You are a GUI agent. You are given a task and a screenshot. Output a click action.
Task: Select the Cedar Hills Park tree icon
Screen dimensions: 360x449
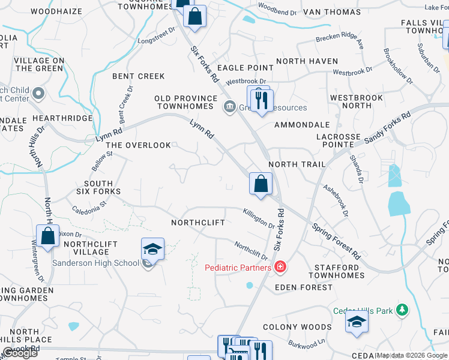402,310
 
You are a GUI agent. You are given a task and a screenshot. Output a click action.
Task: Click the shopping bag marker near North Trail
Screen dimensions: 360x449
261,184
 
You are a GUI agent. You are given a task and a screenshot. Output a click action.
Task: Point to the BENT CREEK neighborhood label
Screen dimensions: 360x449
138,76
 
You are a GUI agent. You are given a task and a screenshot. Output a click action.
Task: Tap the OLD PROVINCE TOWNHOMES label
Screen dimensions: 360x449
185,102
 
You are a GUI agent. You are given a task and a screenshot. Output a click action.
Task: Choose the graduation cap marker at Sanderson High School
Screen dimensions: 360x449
152,248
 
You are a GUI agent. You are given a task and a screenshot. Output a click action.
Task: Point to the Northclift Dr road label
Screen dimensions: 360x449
251,251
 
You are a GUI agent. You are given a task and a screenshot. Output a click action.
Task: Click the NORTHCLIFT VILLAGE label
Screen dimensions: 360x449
86,248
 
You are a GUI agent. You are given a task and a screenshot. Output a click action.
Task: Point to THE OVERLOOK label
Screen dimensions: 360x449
138,145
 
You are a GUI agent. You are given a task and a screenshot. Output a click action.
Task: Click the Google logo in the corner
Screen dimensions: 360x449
20,353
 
